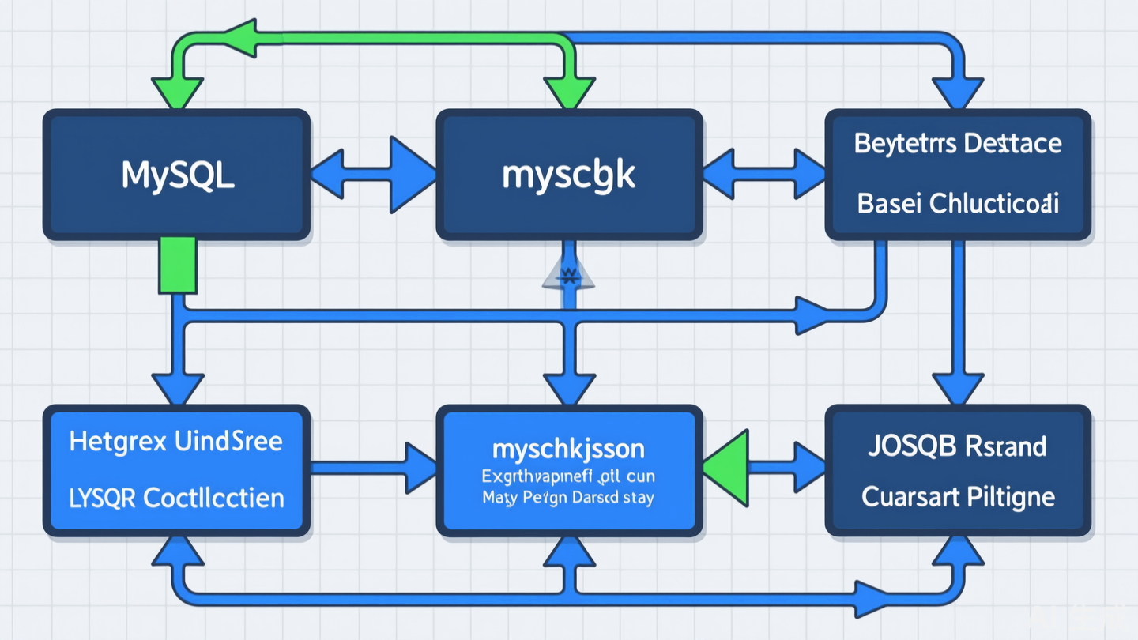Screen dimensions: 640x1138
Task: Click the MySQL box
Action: pyautogui.click(x=176, y=175)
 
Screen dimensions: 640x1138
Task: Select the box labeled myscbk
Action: pyautogui.click(x=569, y=175)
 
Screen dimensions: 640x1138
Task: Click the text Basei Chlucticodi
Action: pyautogui.click(x=958, y=203)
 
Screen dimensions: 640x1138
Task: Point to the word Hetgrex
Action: pyautogui.click(x=117, y=441)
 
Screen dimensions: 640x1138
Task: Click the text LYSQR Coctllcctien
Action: pyautogui.click(x=176, y=498)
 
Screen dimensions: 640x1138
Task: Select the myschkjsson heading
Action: pyautogui.click(x=568, y=450)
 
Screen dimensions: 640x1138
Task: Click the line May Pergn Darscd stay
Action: pyautogui.click(x=568, y=499)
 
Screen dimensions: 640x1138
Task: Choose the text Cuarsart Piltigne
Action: pyautogui.click(x=958, y=497)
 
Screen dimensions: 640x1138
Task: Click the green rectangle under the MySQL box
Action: pyautogui.click(x=177, y=265)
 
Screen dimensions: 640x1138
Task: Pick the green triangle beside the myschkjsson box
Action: pyautogui.click(x=729, y=468)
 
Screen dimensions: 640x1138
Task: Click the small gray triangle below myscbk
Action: pyautogui.click(x=569, y=273)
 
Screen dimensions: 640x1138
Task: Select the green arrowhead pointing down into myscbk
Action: pyautogui.click(x=569, y=92)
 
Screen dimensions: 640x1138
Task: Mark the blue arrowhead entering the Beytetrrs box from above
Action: pyautogui.click(x=958, y=91)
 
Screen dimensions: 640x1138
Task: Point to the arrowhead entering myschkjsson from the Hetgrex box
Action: pyautogui.click(x=419, y=468)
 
